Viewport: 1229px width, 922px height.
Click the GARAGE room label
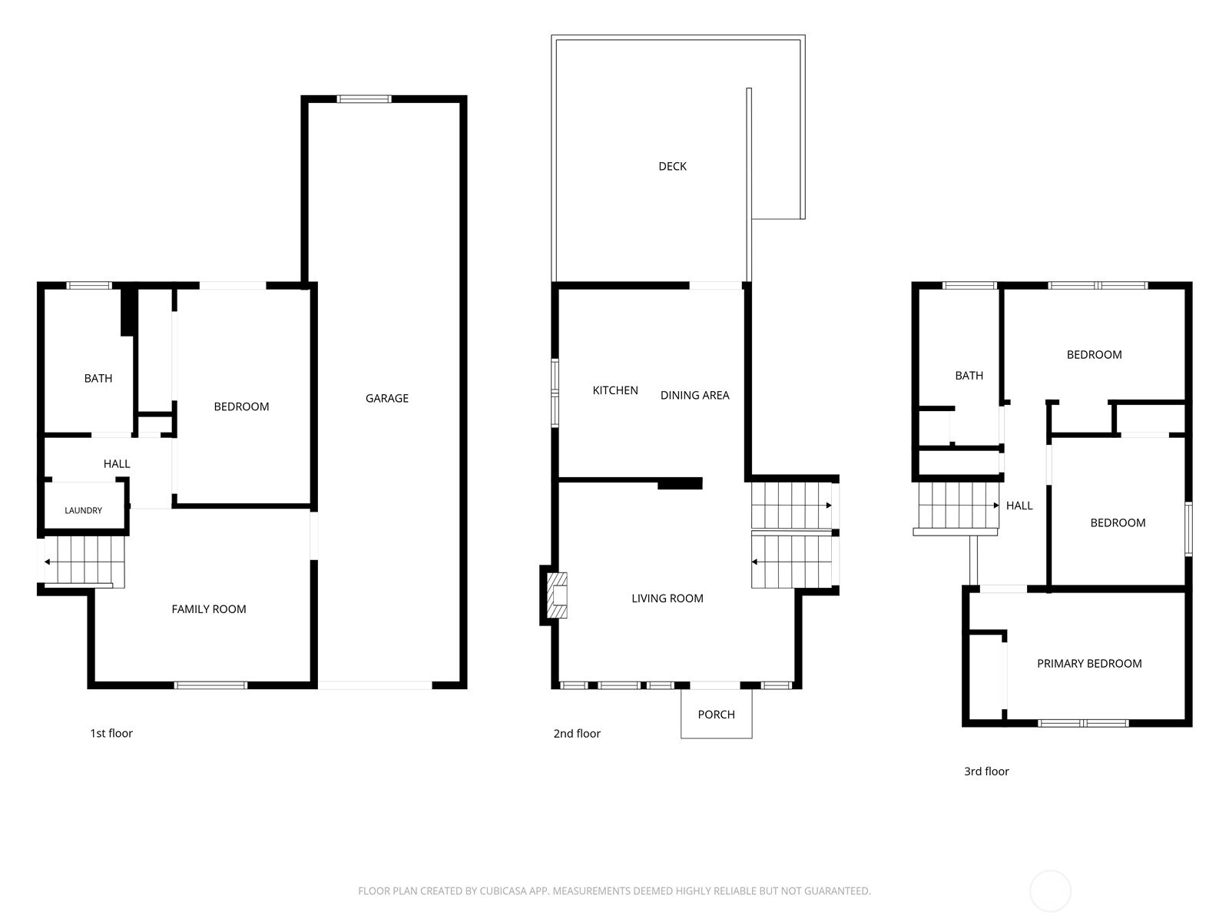pyautogui.click(x=387, y=398)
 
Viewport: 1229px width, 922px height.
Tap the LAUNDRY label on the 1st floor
pyautogui.click(x=84, y=510)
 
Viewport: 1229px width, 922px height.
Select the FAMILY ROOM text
pyautogui.click(x=209, y=609)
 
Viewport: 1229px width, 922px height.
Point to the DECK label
pyautogui.click(x=672, y=166)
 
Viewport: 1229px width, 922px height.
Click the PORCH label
pyautogui.click(x=716, y=715)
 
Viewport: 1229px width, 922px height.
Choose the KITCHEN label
pyautogui.click(x=615, y=390)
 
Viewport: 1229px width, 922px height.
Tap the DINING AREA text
pyautogui.click(x=695, y=395)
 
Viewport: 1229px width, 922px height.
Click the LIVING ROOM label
pyautogui.click(x=668, y=599)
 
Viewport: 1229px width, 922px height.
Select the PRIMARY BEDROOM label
pyautogui.click(x=1089, y=663)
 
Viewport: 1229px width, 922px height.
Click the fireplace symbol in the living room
pyautogui.click(x=557, y=595)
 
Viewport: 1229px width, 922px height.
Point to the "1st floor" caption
pyautogui.click(x=111, y=733)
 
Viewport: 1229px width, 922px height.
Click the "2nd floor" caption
pyautogui.click(x=577, y=733)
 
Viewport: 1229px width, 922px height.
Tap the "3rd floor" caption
pyautogui.click(x=986, y=771)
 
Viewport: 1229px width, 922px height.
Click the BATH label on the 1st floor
pyautogui.click(x=98, y=379)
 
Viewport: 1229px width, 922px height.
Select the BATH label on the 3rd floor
pyautogui.click(x=969, y=376)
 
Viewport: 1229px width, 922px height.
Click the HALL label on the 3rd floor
pyautogui.click(x=1019, y=506)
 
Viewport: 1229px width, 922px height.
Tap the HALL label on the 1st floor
pyautogui.click(x=117, y=463)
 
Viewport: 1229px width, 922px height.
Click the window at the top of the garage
pyautogui.click(x=364, y=99)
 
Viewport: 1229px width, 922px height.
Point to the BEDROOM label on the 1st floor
pyautogui.click(x=241, y=406)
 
